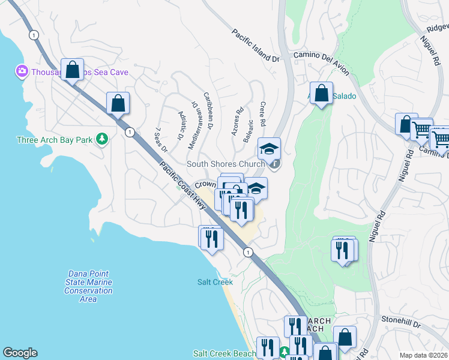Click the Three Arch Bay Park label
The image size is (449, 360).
[55, 140]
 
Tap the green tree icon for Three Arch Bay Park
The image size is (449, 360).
[102, 139]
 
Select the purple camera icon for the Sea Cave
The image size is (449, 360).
[22, 72]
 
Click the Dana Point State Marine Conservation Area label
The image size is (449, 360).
[88, 287]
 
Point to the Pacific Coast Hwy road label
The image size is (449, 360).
[184, 185]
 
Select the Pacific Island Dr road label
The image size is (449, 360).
[256, 46]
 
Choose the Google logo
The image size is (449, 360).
[20, 353]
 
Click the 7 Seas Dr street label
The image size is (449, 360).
[161, 140]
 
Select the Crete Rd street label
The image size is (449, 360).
[262, 114]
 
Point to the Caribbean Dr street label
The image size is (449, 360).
[208, 110]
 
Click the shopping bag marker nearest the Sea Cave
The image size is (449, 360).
[73, 70]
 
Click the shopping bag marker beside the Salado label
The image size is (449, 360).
[322, 94]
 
